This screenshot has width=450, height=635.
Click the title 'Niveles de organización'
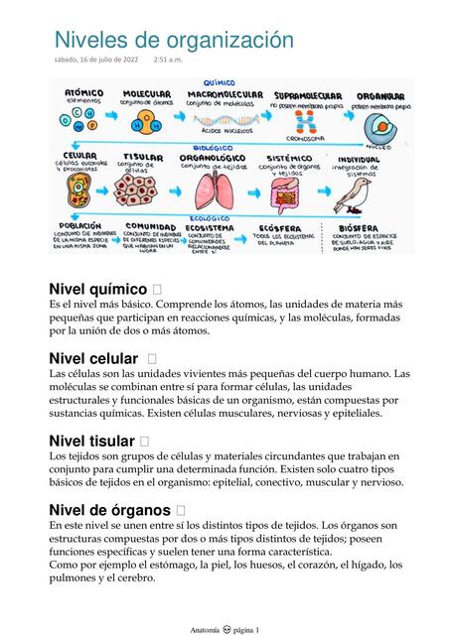point(174,40)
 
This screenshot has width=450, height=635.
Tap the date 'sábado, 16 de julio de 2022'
point(96,61)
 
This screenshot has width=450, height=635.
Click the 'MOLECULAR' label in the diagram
point(146,93)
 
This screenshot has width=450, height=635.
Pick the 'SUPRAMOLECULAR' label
point(307,94)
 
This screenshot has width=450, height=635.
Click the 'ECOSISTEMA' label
point(209,226)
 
